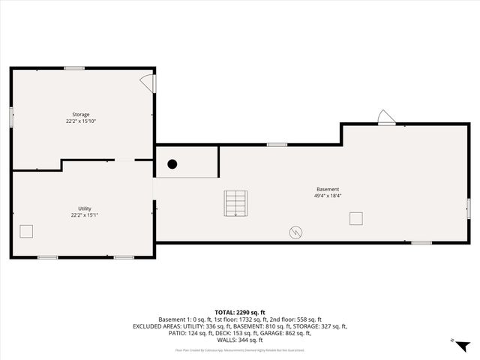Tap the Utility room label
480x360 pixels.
tap(84, 208)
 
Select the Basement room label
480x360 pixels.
tap(327, 189)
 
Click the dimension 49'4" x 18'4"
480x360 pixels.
tap(327, 196)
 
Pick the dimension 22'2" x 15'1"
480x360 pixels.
tap(84, 215)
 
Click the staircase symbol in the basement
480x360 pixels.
tap(235, 202)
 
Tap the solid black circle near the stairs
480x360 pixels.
tap(172, 164)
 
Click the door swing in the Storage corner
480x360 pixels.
tap(148, 82)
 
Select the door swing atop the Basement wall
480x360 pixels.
tap(386, 118)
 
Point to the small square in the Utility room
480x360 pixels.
tap(27, 230)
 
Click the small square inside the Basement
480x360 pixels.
tap(356, 218)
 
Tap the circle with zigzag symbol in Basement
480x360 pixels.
tap(296, 232)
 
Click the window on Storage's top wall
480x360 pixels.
tap(73, 68)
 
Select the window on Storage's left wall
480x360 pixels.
tap(11, 116)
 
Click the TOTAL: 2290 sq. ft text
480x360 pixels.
tap(240, 312)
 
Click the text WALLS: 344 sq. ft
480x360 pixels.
tap(240, 340)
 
